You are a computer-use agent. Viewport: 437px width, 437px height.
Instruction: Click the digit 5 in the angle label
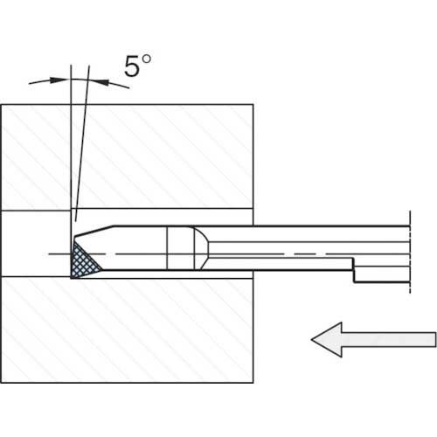[131, 66]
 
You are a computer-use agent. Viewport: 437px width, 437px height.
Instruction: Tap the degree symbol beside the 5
[147, 59]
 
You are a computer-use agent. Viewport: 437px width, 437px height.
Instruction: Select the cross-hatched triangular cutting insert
[85, 260]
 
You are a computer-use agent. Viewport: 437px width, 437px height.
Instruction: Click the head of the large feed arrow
[327, 339]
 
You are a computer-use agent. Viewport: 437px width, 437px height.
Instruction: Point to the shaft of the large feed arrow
[389, 339]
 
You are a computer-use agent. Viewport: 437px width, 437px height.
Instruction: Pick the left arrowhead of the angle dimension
[59, 80]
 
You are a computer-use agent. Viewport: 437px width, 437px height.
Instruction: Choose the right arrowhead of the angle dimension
[99, 82]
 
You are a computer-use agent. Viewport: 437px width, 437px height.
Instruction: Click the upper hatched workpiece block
[128, 156]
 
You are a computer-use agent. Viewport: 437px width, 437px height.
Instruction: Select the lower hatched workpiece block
[128, 329]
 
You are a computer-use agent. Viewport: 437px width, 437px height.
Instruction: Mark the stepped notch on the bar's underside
[354, 270]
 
